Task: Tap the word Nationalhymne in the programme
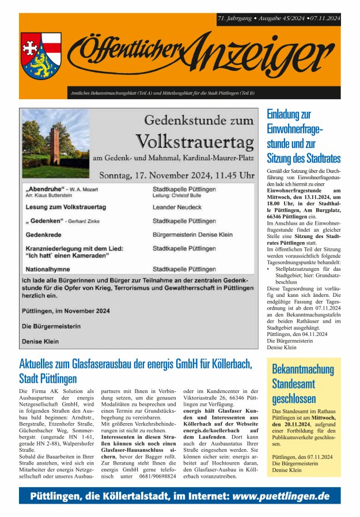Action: click(52, 269)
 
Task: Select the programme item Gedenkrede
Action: click(46, 235)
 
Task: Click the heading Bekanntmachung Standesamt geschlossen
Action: click(302, 383)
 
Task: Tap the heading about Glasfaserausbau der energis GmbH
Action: click(136, 371)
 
